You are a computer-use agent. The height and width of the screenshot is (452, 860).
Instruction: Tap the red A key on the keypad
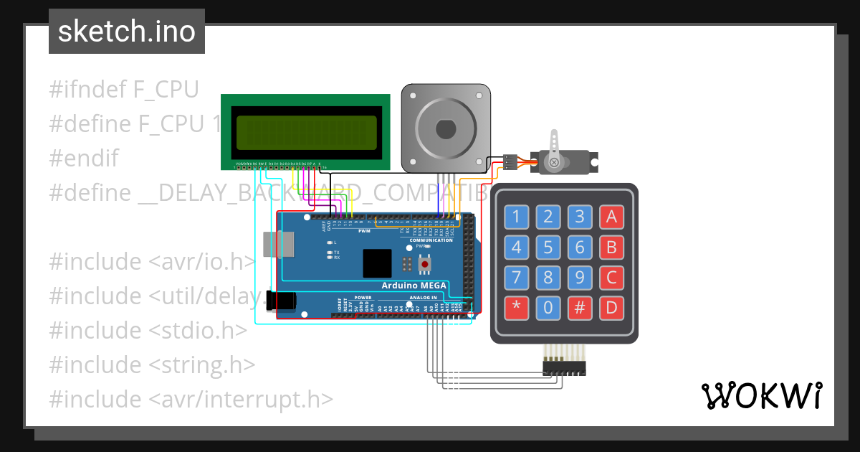(611, 216)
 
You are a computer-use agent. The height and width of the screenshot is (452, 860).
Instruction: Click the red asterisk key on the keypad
(517, 309)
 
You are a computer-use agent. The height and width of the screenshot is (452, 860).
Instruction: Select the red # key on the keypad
(580, 309)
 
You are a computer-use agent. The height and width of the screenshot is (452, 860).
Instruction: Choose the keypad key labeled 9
(580, 278)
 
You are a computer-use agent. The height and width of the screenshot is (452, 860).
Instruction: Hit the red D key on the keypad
(611, 309)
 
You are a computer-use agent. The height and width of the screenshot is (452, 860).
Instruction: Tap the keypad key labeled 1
(517, 216)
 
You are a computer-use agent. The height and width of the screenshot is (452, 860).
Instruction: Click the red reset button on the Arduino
(425, 265)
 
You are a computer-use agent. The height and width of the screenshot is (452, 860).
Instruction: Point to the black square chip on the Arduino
(377, 263)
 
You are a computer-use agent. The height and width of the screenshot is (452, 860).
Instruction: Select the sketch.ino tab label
(127, 32)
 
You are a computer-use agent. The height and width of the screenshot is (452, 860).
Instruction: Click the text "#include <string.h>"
(152, 364)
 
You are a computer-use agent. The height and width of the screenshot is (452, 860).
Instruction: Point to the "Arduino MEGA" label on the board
(414, 286)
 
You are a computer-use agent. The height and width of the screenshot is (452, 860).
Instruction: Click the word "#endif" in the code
(84, 158)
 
